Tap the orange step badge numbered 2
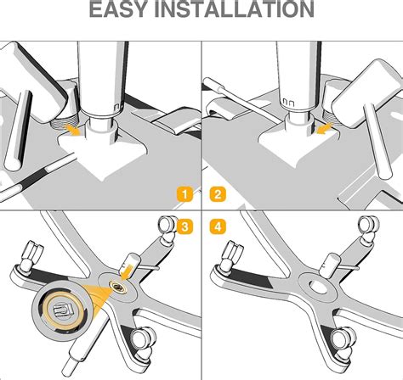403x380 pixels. point(219,194)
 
